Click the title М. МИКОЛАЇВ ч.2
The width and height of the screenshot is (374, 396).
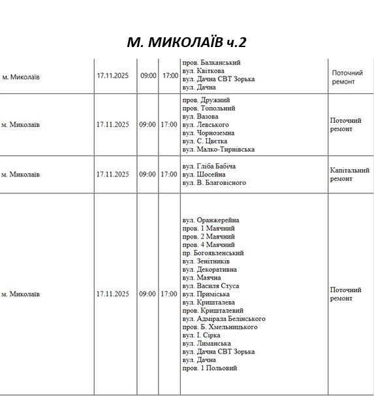click(x=187, y=42)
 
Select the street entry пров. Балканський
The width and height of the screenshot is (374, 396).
click(x=211, y=63)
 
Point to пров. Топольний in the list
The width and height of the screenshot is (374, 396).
click(x=208, y=108)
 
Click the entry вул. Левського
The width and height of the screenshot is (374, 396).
click(x=205, y=125)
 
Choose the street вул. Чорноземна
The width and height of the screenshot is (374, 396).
click(x=209, y=133)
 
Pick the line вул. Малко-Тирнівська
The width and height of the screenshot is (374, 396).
click(x=218, y=149)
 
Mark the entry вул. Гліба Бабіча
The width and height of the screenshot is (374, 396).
click(x=208, y=166)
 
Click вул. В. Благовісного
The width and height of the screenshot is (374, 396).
click(x=214, y=182)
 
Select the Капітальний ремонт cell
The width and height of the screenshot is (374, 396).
click(x=349, y=174)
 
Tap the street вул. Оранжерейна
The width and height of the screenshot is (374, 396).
click(x=210, y=220)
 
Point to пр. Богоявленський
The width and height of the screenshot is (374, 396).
click(x=213, y=253)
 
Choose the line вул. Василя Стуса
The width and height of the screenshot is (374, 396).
click(x=210, y=286)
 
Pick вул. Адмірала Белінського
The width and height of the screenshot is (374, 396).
click(x=219, y=318)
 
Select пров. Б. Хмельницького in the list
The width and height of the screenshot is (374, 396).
click(x=219, y=327)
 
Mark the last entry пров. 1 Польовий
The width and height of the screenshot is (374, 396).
click(x=210, y=368)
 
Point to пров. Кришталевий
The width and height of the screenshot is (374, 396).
click(x=213, y=310)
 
